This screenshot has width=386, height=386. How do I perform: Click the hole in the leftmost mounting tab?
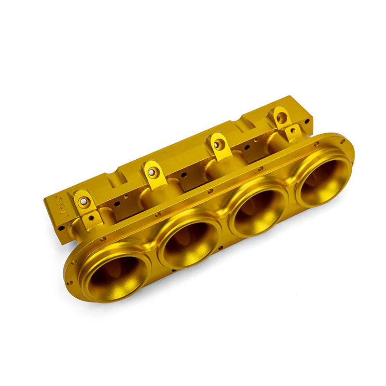tap(84, 202)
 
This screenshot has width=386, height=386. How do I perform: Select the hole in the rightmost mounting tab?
tap(281, 117)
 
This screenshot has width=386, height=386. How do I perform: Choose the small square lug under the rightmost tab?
tap(292, 132)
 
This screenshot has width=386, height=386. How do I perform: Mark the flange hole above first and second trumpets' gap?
tap(157, 214)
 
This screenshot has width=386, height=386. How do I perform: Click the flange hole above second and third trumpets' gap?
tap(210, 192)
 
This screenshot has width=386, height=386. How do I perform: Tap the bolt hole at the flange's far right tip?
tap(343, 141)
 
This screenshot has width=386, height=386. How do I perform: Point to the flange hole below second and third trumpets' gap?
tap(221, 248)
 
